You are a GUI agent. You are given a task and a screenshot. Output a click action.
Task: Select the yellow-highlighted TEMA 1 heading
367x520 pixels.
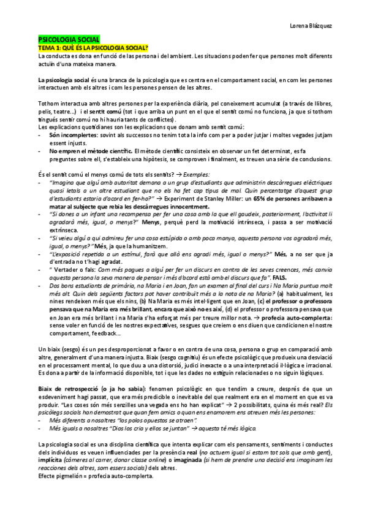click(x=93, y=47)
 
